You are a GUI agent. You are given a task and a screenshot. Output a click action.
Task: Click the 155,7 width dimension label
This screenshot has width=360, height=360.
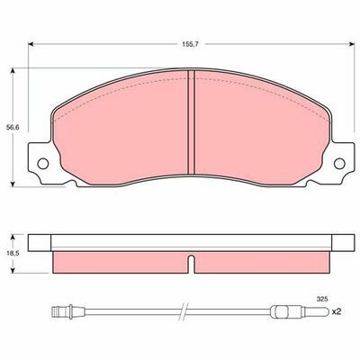pos(189,44)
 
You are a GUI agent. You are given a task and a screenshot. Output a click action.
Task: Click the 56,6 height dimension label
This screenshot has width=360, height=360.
pos(13,127)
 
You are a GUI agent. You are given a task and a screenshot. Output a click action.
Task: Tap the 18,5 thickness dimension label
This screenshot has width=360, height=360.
pos(13,253)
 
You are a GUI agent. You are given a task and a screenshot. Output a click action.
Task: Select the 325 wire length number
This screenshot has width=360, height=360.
pos(322,299)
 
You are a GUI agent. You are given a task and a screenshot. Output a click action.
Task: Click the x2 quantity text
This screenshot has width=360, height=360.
pos(337,312)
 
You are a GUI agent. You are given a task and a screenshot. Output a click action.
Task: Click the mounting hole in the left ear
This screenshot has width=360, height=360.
pos(43,164)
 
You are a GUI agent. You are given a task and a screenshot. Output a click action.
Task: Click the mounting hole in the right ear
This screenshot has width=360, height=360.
pos(339,164)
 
